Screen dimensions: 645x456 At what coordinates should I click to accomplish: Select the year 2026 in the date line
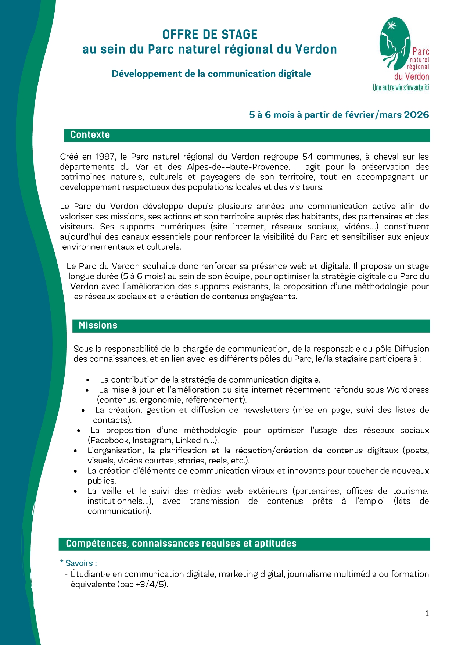(416, 115)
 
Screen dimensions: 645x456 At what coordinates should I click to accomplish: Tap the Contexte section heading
(90, 135)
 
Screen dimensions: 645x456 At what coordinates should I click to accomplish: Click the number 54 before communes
(308, 157)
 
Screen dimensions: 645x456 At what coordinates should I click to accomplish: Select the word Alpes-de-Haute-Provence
(238, 167)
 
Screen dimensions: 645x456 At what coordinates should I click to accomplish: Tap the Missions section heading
(98, 325)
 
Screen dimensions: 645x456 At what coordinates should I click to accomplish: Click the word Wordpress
(407, 390)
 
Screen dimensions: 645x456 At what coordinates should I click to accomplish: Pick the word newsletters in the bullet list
(266, 410)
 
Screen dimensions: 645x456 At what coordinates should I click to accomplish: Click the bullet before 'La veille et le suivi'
(75, 491)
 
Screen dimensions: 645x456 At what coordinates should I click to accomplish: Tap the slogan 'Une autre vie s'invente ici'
(401, 88)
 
